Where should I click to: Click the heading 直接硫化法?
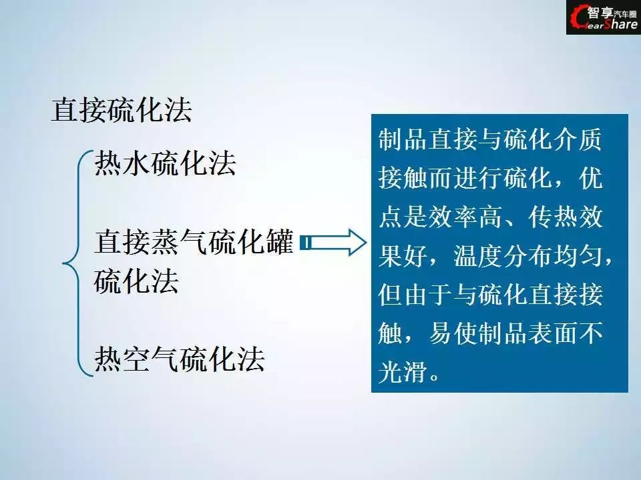pyautogui.click(x=122, y=109)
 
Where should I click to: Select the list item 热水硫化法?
pyautogui.click(x=165, y=163)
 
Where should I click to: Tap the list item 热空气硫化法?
pyautogui.click(x=180, y=359)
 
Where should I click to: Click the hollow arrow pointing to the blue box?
pyautogui.click(x=333, y=243)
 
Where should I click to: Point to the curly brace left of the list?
pyautogui.click(x=77, y=263)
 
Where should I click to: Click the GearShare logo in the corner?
pyautogui.click(x=604, y=17)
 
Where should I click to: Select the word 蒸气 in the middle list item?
pyautogui.click(x=165, y=242)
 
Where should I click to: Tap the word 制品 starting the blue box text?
pyautogui.click(x=403, y=139)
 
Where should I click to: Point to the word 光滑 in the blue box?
pyautogui.click(x=403, y=372)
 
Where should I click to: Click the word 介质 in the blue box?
pyautogui.click(x=577, y=139)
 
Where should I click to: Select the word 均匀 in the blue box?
pyautogui.click(x=577, y=255)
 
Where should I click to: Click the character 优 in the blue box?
pyautogui.click(x=590, y=178)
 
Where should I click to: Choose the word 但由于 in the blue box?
pyautogui.click(x=415, y=294)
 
